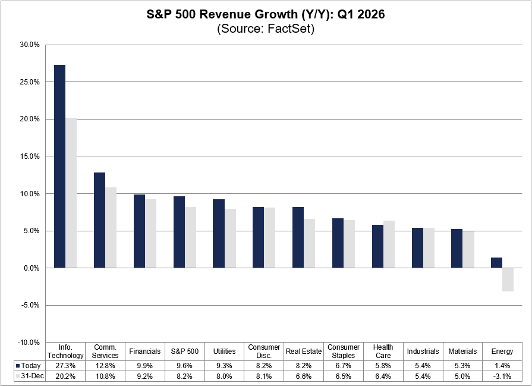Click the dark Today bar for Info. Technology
point(60,167)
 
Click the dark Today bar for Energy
point(496,263)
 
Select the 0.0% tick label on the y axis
point(29,268)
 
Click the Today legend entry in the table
point(29,365)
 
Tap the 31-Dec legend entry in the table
point(29,376)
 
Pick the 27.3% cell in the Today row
point(65,365)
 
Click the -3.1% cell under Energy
point(502,376)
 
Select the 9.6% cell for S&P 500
point(185,365)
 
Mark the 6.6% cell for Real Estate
point(304,376)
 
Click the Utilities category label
point(225,352)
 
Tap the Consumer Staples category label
point(344,352)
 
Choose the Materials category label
point(462,352)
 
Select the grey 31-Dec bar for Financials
point(151,234)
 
